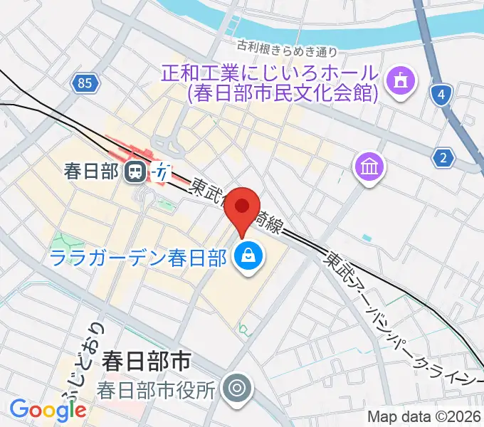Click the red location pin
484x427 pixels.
[x=243, y=208]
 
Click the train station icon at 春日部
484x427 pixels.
[x=134, y=171]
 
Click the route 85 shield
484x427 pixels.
[x=84, y=84]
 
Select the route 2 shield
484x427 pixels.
[x=444, y=158]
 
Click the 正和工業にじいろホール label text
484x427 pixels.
[x=269, y=73]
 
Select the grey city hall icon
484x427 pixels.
[x=235, y=389]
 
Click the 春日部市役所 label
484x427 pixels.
[x=156, y=389]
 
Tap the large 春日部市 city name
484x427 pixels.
[x=146, y=362]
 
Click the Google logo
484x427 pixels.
[x=48, y=409]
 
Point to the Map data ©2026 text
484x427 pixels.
[x=424, y=417]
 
